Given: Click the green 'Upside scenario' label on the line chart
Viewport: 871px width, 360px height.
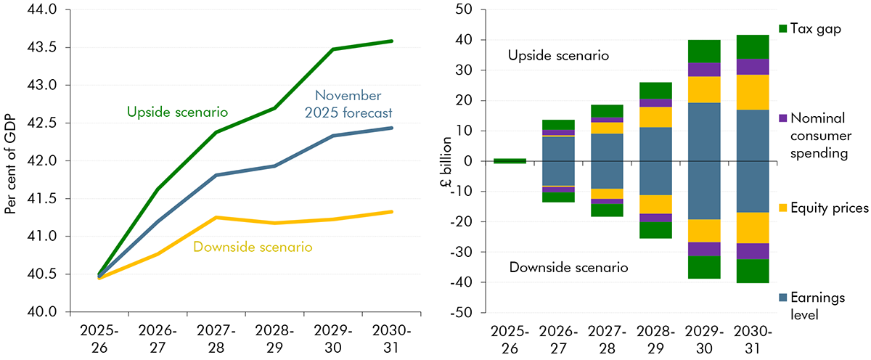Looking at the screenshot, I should (x=178, y=112).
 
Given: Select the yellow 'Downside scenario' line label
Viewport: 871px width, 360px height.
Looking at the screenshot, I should (x=253, y=247).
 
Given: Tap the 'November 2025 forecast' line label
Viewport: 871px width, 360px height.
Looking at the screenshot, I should (x=354, y=105).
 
